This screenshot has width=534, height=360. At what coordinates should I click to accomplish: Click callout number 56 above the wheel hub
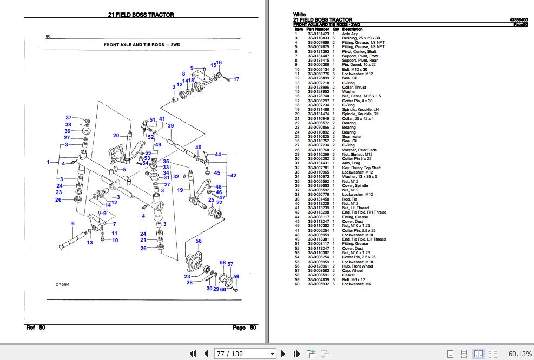(x=199, y=241)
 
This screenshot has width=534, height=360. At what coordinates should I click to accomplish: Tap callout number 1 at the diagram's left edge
(x=48, y=162)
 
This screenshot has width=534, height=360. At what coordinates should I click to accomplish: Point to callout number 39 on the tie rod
(x=170, y=126)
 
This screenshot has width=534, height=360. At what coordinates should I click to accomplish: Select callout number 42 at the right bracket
(x=233, y=176)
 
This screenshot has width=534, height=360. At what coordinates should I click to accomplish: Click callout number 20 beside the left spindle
(x=116, y=136)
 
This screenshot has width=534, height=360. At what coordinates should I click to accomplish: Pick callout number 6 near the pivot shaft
(x=72, y=224)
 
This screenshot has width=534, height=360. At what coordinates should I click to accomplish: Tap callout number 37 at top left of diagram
(x=69, y=118)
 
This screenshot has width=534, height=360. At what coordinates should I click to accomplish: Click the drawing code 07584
(x=63, y=284)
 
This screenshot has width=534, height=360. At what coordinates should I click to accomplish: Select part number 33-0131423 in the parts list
(x=319, y=34)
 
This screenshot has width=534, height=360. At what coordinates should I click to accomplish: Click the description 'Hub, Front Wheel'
(x=358, y=266)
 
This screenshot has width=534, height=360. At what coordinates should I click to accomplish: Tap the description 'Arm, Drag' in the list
(x=352, y=163)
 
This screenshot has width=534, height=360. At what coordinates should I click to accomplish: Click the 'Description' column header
(x=353, y=29)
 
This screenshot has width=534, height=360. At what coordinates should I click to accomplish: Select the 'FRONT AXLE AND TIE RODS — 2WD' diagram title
(x=142, y=45)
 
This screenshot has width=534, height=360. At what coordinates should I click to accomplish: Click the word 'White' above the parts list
(x=299, y=15)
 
